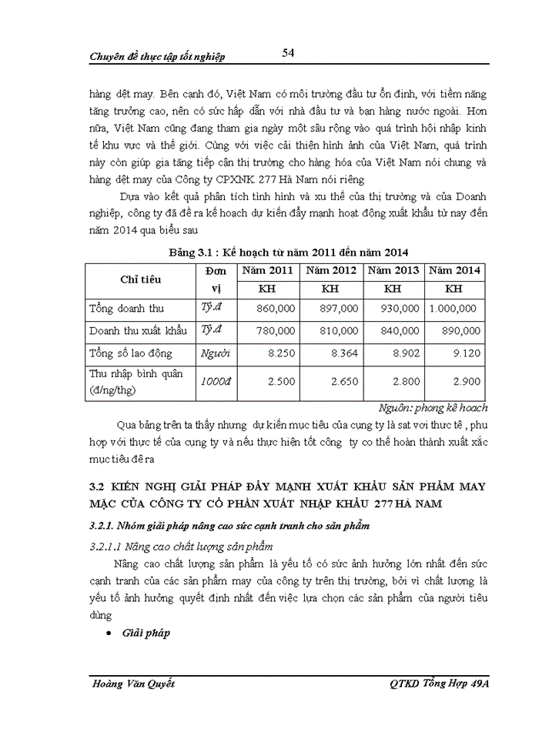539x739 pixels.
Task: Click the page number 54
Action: [289, 52]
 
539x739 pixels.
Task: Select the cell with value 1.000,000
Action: [454, 309]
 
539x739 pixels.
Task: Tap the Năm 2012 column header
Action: [331, 270]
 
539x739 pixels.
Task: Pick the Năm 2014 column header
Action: [454, 270]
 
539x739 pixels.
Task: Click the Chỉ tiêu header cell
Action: [140, 280]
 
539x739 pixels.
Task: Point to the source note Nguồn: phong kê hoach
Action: [434, 408]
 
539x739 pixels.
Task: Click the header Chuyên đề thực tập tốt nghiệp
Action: [157, 57]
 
